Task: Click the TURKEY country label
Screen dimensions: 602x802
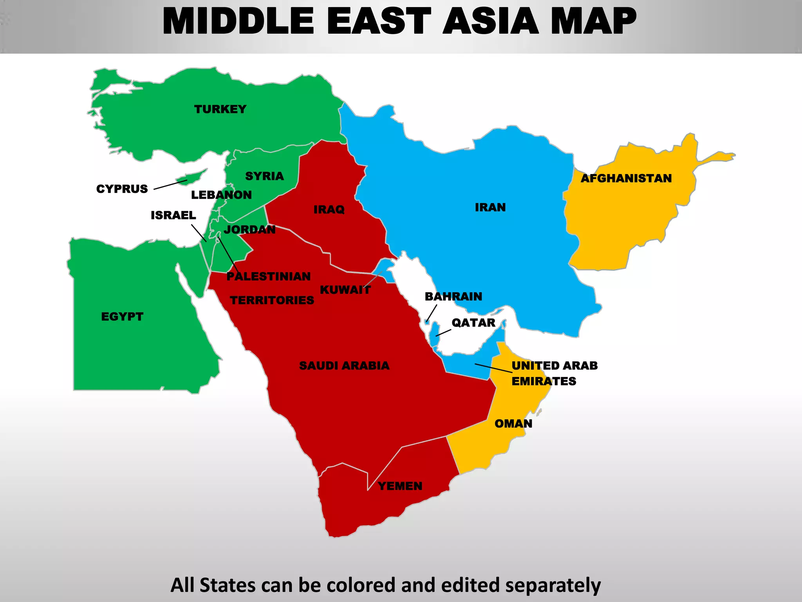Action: click(x=220, y=109)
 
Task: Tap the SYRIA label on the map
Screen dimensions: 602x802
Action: click(x=264, y=176)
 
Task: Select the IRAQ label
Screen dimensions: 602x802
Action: click(x=329, y=210)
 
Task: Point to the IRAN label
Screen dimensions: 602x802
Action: click(x=490, y=207)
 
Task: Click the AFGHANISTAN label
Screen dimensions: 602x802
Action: click(x=626, y=178)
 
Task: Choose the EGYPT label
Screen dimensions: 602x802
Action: click(x=122, y=316)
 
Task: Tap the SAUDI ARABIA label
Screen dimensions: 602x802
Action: click(x=344, y=366)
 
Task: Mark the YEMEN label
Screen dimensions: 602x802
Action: click(x=400, y=486)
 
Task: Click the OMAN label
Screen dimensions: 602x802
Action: click(x=513, y=424)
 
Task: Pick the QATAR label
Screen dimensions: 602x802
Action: click(x=473, y=323)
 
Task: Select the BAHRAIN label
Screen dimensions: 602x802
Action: click(x=453, y=296)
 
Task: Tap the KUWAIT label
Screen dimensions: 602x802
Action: click(x=345, y=290)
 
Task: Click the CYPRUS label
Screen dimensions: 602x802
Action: click(x=122, y=189)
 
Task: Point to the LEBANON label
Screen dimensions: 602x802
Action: click(x=221, y=195)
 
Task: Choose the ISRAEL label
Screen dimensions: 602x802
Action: click(x=173, y=215)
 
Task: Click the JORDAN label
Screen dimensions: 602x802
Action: click(x=249, y=229)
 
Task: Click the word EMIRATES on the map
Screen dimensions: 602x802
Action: click(x=544, y=381)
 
